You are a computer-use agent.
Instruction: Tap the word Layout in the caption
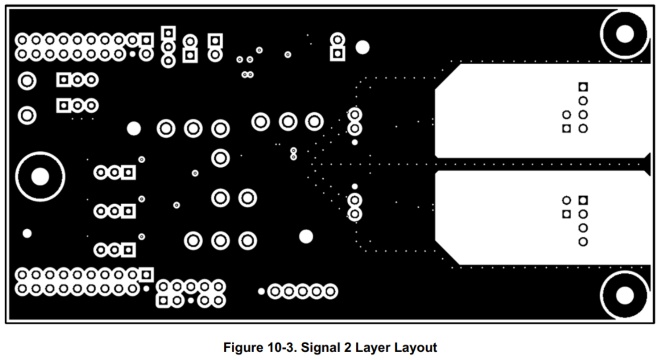415,348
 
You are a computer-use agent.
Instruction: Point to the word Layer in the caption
370,348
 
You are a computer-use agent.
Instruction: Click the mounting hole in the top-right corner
624,34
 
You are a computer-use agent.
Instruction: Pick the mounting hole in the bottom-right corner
624,295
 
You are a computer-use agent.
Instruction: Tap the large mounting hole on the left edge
40,176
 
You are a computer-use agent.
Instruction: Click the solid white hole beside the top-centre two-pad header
362,47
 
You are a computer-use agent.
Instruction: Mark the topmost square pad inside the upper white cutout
583,87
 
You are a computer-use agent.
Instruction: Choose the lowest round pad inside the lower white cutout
583,242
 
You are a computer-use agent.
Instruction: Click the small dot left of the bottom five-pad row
261,291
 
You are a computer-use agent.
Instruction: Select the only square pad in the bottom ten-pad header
163,301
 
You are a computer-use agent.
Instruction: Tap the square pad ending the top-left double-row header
146,40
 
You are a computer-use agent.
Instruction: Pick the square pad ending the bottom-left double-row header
146,275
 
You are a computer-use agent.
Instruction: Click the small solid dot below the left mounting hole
27,233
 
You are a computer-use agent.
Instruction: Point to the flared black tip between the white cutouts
647,164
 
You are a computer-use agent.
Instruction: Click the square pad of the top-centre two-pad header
337,54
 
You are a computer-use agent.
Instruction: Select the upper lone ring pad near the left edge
27,81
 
